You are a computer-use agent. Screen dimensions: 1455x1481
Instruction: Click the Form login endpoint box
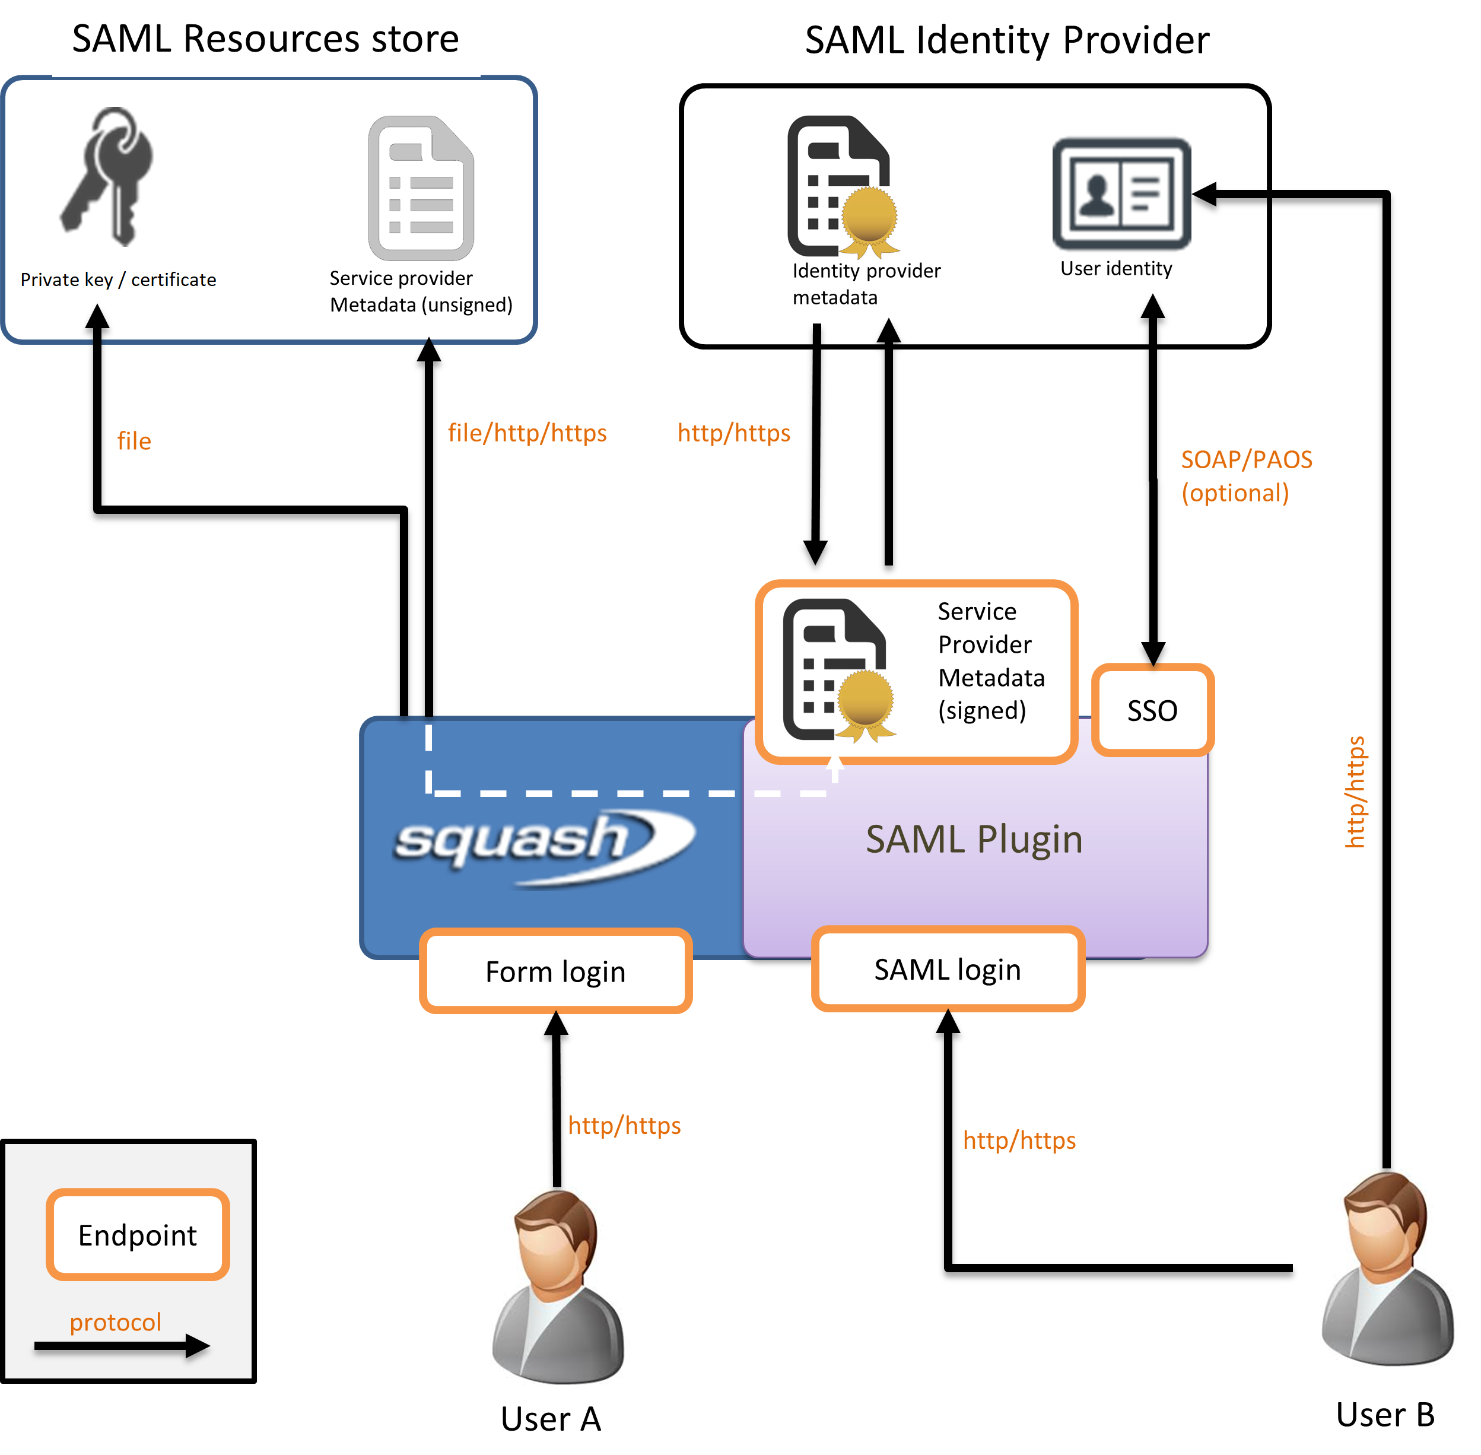(x=555, y=971)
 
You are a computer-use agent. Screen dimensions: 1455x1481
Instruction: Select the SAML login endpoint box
(x=948, y=969)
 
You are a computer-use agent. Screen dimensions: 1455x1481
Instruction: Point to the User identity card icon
(x=1121, y=194)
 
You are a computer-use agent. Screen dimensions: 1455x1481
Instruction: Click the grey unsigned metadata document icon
(x=421, y=188)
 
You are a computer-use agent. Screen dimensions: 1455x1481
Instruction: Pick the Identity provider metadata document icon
(x=841, y=186)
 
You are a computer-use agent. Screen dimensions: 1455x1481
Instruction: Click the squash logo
(x=542, y=844)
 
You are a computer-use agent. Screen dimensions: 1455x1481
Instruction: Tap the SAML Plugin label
(x=974, y=839)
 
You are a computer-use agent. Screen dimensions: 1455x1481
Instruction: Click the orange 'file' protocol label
(x=134, y=441)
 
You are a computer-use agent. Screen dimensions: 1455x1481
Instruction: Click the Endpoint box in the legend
(x=138, y=1235)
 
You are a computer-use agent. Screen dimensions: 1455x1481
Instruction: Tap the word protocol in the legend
(x=115, y=1322)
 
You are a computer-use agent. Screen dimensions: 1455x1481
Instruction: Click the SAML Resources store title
(x=265, y=39)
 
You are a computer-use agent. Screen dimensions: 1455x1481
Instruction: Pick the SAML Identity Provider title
(x=1007, y=40)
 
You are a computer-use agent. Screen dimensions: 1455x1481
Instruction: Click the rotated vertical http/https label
(x=1354, y=792)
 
